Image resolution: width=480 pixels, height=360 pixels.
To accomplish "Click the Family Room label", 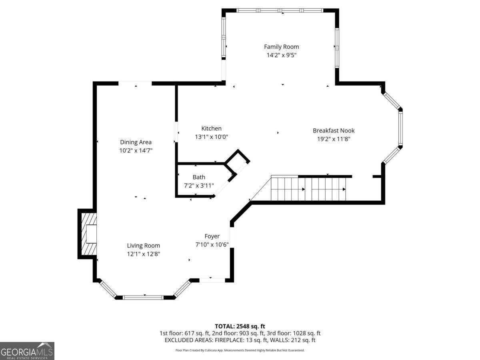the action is click(x=281, y=47).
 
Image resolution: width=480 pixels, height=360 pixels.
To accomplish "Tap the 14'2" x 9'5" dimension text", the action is click(x=282, y=55).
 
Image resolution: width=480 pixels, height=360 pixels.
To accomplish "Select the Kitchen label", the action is click(x=211, y=128).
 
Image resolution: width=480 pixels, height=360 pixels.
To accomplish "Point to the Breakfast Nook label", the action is click(x=334, y=130).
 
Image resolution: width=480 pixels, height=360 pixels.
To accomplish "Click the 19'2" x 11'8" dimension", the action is click(x=334, y=139).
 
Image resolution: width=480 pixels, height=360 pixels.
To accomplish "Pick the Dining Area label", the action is click(x=136, y=142).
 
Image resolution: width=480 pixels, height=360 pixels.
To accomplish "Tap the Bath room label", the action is click(x=199, y=177).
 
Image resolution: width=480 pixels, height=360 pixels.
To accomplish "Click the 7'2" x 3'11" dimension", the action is click(x=199, y=186).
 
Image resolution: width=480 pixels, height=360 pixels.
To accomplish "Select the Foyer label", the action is click(x=212, y=236).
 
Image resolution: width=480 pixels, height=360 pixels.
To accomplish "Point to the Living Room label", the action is click(x=144, y=246).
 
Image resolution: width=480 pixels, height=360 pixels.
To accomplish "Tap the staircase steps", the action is click(x=308, y=189).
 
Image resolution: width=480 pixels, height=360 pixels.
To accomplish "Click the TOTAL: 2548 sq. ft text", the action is click(x=240, y=326).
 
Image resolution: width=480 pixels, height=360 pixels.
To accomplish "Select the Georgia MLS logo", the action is click(x=27, y=351).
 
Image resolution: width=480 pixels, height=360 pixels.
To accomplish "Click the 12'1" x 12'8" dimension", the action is click(x=144, y=254).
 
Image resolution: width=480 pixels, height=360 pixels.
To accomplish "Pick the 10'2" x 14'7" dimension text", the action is click(x=136, y=151).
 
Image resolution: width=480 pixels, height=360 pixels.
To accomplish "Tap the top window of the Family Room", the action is click(x=280, y=10).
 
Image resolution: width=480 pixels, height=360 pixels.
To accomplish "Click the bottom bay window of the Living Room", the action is click(x=143, y=298).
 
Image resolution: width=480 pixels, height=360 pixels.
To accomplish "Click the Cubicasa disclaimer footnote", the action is click(x=240, y=350).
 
